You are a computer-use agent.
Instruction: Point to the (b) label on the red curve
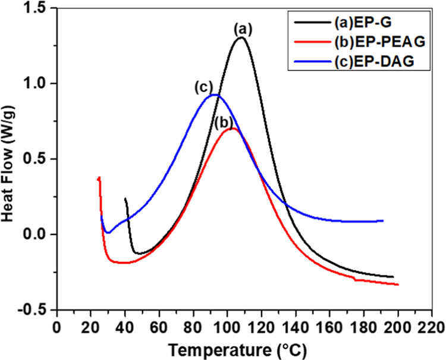(x=224, y=123)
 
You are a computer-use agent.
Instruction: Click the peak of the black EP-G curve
(x=241, y=38)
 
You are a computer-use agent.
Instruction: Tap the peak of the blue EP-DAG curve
(x=215, y=95)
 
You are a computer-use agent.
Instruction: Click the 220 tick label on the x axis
(x=431, y=328)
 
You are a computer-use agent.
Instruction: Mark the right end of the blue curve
(x=383, y=221)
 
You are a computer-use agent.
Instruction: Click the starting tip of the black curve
(x=125, y=199)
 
